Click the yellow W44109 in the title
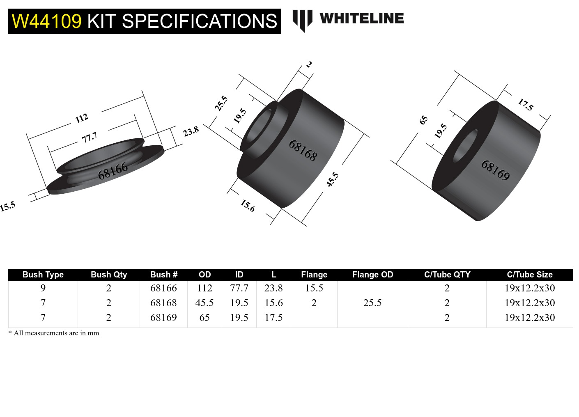[46, 21]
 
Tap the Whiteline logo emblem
[302, 20]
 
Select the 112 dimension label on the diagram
[82, 118]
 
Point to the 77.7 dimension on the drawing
[89, 137]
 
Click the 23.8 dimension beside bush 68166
[191, 132]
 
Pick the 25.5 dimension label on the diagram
[221, 103]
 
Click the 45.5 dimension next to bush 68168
[332, 179]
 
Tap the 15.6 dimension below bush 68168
[248, 205]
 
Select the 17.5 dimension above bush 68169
[525, 105]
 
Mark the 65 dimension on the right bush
[423, 120]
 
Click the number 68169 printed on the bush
[496, 170]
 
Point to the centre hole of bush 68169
[465, 146]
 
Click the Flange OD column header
[372, 275]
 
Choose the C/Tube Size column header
[529, 275]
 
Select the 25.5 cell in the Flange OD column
[372, 303]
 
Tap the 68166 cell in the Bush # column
[163, 288]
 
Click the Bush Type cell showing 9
[43, 288]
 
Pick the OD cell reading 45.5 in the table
[204, 303]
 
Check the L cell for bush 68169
[273, 318]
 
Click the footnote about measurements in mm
[54, 333]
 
